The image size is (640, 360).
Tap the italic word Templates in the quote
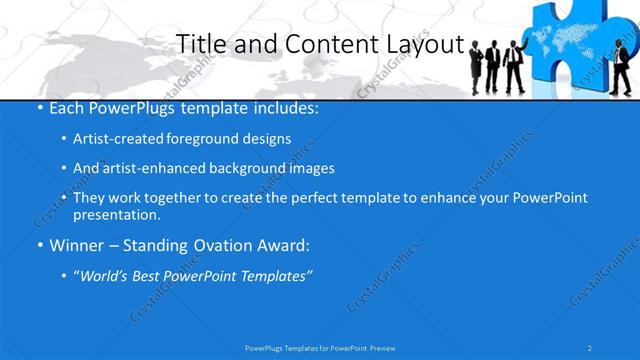[x=276, y=275]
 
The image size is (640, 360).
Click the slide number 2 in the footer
[x=591, y=347]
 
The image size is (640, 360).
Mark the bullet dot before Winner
[x=39, y=244]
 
